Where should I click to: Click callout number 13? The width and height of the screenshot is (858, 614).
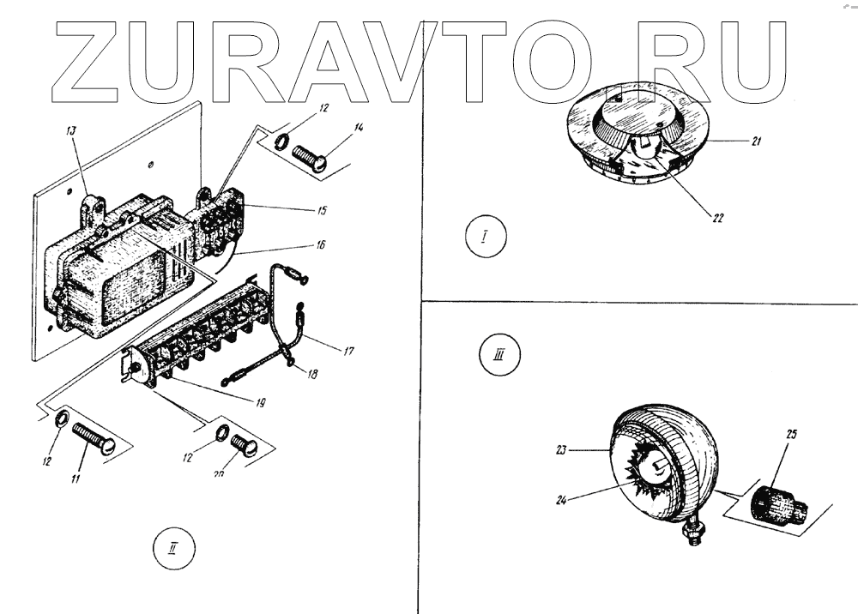(71, 130)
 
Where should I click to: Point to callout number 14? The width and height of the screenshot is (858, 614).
(359, 128)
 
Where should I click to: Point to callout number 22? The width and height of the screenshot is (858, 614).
(717, 216)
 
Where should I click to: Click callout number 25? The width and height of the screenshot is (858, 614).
(791, 435)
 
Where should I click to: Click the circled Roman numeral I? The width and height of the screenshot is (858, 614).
(484, 238)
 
